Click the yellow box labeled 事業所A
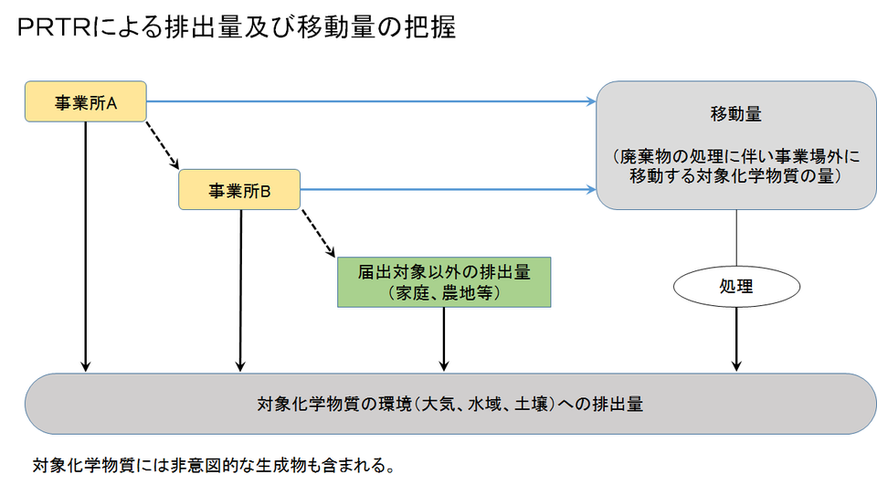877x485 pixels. coord(85,101)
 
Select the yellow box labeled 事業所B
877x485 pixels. coord(240,190)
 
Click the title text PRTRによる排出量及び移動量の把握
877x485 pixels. coord(236,27)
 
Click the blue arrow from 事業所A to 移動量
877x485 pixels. coord(365,100)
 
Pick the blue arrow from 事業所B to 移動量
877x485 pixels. coord(448,190)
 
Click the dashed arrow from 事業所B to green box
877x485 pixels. coord(317,233)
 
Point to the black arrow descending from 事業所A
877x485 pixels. coord(85,247)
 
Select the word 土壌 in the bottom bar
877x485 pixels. coord(529,403)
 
